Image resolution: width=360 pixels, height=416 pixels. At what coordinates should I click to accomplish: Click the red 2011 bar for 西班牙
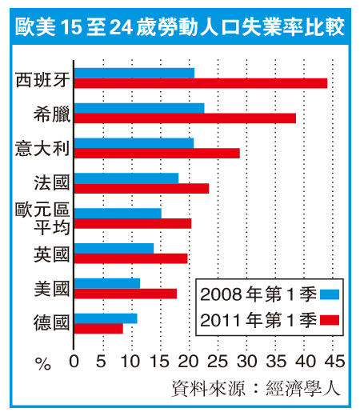click(201, 83)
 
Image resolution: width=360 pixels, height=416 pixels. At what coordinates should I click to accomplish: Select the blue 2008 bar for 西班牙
click(134, 73)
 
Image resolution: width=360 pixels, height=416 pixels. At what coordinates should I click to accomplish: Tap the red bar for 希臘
click(185, 118)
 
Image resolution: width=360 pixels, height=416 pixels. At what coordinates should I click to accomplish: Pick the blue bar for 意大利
click(134, 143)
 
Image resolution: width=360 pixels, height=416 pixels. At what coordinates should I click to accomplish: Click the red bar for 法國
click(142, 189)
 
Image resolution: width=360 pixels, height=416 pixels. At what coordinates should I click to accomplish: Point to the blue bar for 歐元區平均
click(118, 214)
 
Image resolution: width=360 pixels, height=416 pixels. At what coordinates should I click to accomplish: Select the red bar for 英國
click(131, 258)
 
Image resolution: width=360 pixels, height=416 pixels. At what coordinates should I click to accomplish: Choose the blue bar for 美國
click(107, 283)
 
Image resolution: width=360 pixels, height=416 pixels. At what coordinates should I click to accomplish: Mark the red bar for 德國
click(98, 329)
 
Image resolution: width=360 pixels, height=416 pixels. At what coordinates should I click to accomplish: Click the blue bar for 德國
click(106, 318)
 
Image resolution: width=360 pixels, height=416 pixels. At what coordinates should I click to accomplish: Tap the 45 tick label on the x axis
click(334, 362)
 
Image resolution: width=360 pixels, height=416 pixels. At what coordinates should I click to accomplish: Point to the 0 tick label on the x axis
click(74, 362)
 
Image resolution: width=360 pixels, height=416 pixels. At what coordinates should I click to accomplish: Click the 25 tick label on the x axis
click(218, 362)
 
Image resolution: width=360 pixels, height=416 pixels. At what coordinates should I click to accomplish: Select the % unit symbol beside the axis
click(43, 364)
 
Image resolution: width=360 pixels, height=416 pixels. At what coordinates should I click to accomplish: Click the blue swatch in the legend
click(330, 294)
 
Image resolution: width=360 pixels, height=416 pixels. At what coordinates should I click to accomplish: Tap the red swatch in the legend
click(330, 320)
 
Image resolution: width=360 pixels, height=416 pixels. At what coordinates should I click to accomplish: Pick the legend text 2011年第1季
click(258, 320)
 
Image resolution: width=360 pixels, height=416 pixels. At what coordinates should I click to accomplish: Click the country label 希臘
click(52, 114)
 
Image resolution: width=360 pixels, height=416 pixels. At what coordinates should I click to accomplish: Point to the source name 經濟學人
click(303, 388)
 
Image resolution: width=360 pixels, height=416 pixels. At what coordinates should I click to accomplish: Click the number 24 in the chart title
click(121, 27)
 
